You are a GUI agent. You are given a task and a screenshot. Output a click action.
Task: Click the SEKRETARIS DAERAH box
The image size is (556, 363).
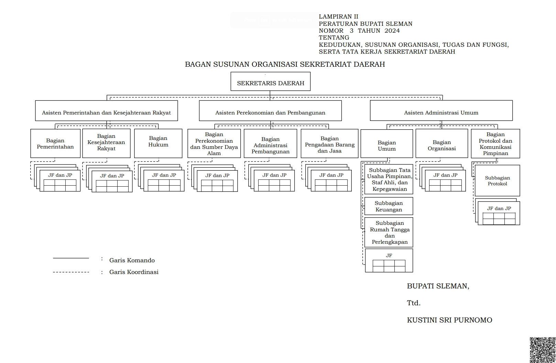point(270,81)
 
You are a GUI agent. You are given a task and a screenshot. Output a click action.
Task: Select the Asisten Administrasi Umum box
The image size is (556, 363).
point(441,111)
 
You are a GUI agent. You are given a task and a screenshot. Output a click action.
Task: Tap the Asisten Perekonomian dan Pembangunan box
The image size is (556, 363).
point(270,111)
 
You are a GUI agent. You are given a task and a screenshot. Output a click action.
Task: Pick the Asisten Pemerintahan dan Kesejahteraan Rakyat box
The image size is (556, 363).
point(106,111)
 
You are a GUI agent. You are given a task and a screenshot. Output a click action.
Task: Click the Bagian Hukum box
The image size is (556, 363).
point(158,143)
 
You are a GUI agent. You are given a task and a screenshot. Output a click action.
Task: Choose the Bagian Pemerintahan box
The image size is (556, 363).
point(55,143)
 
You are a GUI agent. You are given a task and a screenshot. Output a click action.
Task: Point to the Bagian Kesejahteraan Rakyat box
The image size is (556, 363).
point(106,143)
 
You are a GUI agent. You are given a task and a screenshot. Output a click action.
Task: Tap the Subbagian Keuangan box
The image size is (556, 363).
point(389,206)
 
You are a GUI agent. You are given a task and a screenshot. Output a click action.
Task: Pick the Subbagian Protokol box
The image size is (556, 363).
point(497,181)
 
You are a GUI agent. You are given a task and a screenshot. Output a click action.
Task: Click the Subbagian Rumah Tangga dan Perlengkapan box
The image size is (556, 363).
point(389,232)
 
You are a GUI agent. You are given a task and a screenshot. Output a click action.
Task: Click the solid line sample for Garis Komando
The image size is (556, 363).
point(71,258)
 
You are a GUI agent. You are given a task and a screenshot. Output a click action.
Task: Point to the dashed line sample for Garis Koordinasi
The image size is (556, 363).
point(71,272)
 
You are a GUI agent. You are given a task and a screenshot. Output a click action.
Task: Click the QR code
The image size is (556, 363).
point(542,350)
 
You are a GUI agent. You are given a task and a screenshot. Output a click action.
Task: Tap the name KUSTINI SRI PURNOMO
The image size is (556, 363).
point(449,320)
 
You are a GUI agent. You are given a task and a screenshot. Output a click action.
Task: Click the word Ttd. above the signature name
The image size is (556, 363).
point(414,303)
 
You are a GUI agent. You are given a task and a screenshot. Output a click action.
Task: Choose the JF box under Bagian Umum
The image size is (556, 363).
point(389,261)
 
